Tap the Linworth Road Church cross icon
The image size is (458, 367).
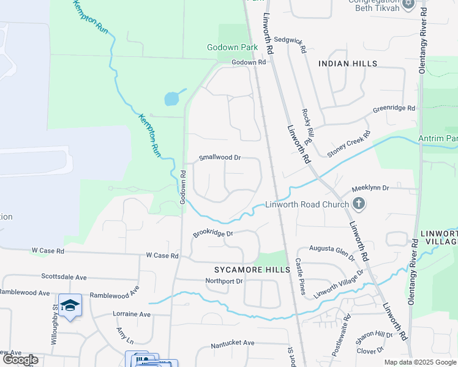click(x=359, y=204)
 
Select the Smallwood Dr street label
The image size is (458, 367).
click(x=220, y=157)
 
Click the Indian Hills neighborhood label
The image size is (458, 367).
click(x=348, y=64)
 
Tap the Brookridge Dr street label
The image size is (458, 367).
click(x=214, y=233)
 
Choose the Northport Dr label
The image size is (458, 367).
click(x=224, y=281)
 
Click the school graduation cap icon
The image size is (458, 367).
click(x=70, y=305)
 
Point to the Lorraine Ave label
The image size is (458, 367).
click(x=132, y=314)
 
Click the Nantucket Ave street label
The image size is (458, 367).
click(x=232, y=343)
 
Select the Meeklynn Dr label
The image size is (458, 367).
click(x=369, y=188)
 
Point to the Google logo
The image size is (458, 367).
click(x=21, y=360)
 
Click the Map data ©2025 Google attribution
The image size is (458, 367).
click(x=420, y=362)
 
